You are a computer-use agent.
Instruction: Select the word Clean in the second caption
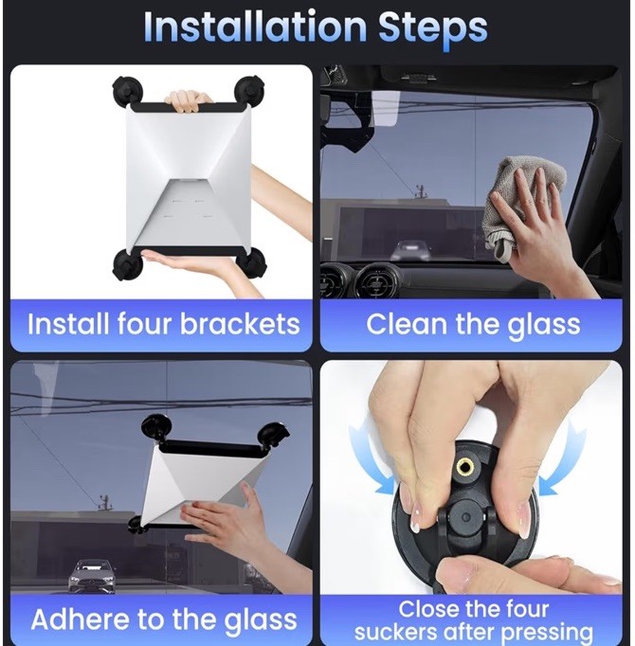[x=405, y=325]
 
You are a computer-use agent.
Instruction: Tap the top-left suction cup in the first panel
[x=128, y=92]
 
